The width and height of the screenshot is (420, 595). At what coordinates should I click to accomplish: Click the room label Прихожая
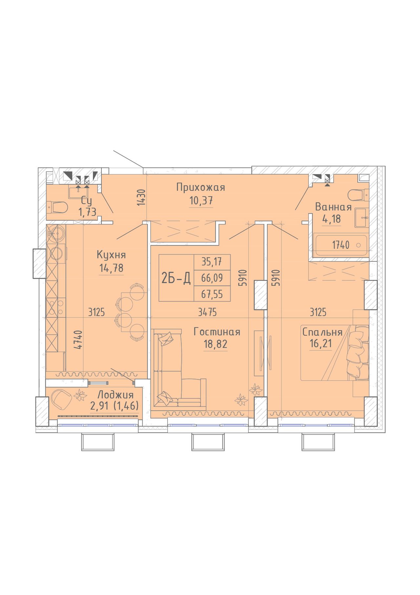click(x=200, y=187)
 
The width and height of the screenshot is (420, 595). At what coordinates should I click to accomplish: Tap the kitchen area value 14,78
click(x=112, y=268)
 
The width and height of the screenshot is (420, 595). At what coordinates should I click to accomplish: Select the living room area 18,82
click(x=215, y=344)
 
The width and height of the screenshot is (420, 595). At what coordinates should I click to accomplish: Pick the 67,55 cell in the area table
click(x=212, y=294)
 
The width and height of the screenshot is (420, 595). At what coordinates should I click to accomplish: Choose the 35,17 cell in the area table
click(x=212, y=262)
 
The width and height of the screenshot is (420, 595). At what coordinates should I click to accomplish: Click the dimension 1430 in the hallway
click(x=141, y=197)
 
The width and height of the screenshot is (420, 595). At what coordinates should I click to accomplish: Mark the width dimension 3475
click(x=207, y=312)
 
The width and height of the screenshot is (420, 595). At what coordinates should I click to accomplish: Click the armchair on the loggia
click(x=62, y=399)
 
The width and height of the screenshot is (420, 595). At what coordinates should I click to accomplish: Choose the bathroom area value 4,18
click(x=332, y=219)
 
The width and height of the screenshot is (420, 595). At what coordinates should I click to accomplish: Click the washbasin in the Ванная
click(x=362, y=217)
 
